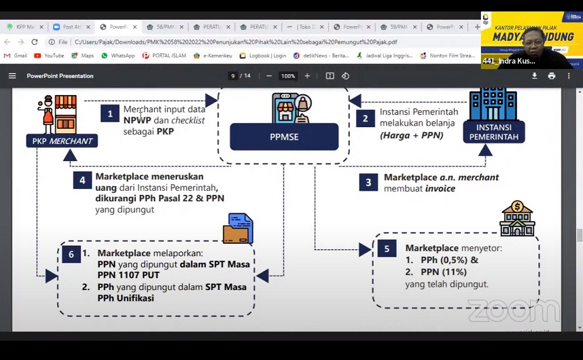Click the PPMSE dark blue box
click(284, 137)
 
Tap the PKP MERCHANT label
click(62, 141)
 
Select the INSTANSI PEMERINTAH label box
click(493, 132)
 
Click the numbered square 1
click(110, 114)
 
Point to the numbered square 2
click(366, 118)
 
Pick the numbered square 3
click(368, 182)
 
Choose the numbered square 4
click(82, 180)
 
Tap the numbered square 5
click(387, 249)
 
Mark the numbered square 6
click(71, 254)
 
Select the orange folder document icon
click(238, 229)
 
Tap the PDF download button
click(535, 76)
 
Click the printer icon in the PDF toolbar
click(552, 76)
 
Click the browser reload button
click(34, 42)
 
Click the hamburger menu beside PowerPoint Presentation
click(12, 76)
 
